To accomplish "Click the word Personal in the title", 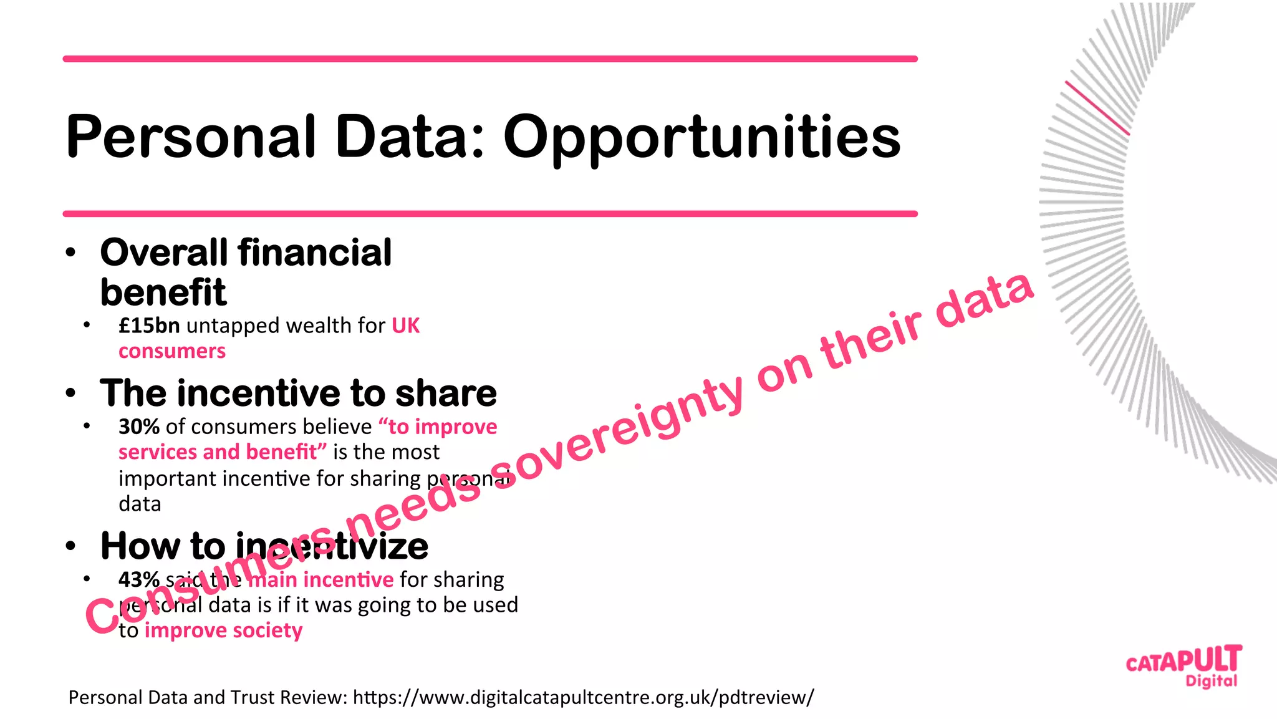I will (190, 137).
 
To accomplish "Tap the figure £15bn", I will (149, 326).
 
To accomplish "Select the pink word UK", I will (405, 326).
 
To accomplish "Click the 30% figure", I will (139, 427).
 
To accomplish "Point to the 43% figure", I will (139, 579).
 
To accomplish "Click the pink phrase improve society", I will (223, 630).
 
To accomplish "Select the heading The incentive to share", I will (298, 393).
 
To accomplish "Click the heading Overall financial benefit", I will (246, 272).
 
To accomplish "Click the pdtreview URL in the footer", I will (583, 697).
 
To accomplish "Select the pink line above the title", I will (490, 59).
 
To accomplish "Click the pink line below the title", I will (490, 214).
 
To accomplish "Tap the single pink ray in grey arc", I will (1097, 107).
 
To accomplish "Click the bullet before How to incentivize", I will (70, 546).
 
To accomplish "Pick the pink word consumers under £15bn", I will (172, 351).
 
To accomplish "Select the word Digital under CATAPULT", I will (1211, 681).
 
